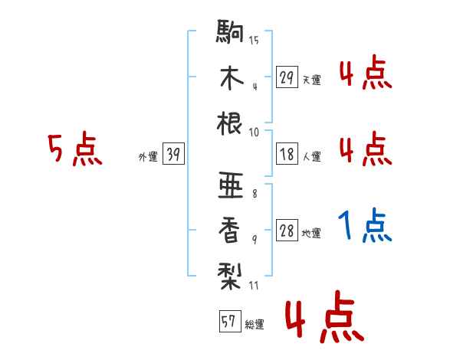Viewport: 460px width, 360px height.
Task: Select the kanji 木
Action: [230, 79]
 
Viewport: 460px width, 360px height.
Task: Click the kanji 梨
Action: [230, 273]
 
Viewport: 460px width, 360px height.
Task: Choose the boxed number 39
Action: [173, 155]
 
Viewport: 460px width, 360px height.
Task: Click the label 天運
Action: [311, 80]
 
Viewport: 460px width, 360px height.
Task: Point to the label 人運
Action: [311, 156]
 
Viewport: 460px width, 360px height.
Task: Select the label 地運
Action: [311, 233]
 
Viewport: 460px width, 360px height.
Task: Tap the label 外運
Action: [147, 156]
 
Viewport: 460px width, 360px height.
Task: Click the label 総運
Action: [254, 324]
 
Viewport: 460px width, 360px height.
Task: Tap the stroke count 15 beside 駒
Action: [254, 40]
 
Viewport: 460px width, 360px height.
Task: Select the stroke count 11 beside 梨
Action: [254, 286]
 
